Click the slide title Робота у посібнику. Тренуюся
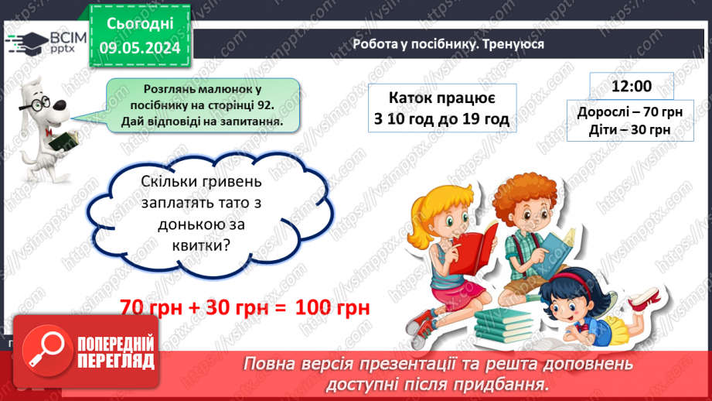coord(448,44)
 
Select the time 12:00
coord(631,86)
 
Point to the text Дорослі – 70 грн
coord(629,111)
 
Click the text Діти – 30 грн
coord(629,129)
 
